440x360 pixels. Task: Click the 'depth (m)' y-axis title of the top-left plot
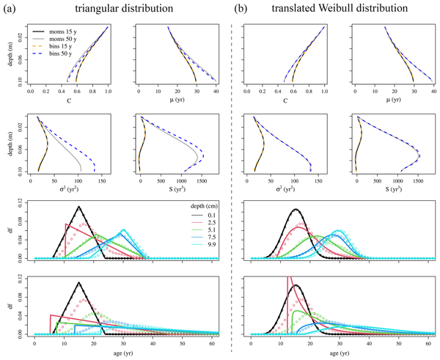point(10,54)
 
